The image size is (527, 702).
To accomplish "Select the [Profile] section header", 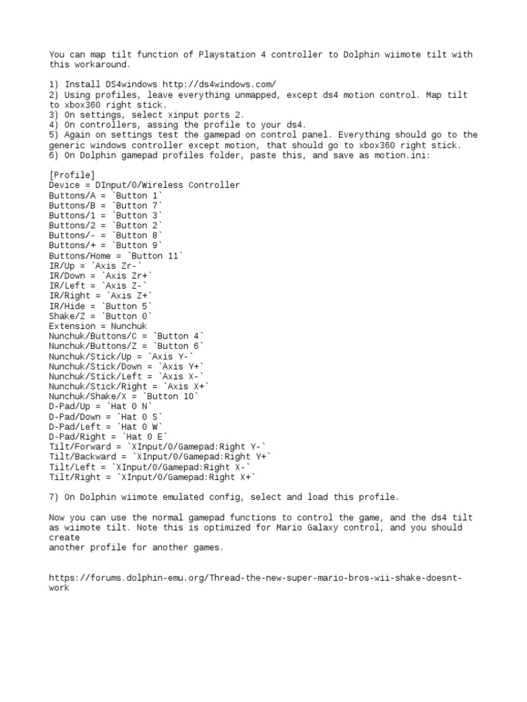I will pos(72,175).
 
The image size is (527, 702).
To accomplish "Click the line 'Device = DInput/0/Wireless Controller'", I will pos(144,185).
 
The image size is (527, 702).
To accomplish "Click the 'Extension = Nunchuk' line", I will pos(98,326).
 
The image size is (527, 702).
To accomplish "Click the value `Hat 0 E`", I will pos(144,436).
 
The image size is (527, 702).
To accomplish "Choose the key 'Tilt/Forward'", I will pos(80,446).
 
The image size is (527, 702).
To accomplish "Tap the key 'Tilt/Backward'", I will pos(82,456).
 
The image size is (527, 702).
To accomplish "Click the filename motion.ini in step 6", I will pos(406,155).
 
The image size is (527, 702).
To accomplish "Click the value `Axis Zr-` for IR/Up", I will pos(122,265).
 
